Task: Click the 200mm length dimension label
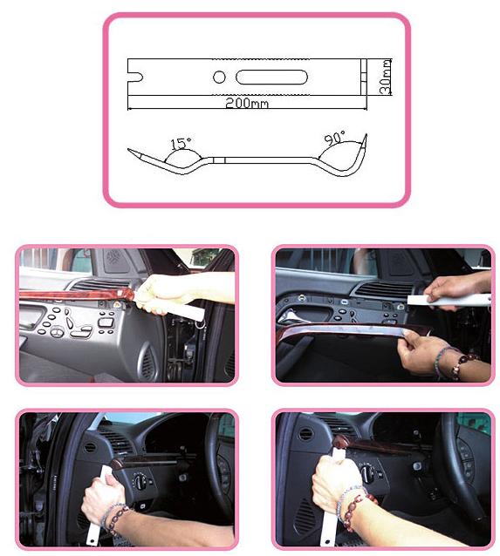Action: [x=247, y=103]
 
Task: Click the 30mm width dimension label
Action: [x=385, y=77]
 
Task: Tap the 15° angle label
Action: [x=181, y=143]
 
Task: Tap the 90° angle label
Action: [x=334, y=138]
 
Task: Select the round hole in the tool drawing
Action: [x=219, y=77]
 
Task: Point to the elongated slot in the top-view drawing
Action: [x=271, y=77]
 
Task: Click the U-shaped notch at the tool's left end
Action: [x=135, y=77]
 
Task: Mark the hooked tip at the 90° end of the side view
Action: [x=366, y=136]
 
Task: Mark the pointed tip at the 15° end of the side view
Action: [x=129, y=150]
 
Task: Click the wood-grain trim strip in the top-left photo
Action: [x=76, y=294]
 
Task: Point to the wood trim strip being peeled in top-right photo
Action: [x=355, y=330]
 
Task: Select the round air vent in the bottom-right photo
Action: [x=305, y=434]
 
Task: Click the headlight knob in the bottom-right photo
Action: [x=368, y=472]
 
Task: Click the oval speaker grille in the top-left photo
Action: [x=147, y=361]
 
